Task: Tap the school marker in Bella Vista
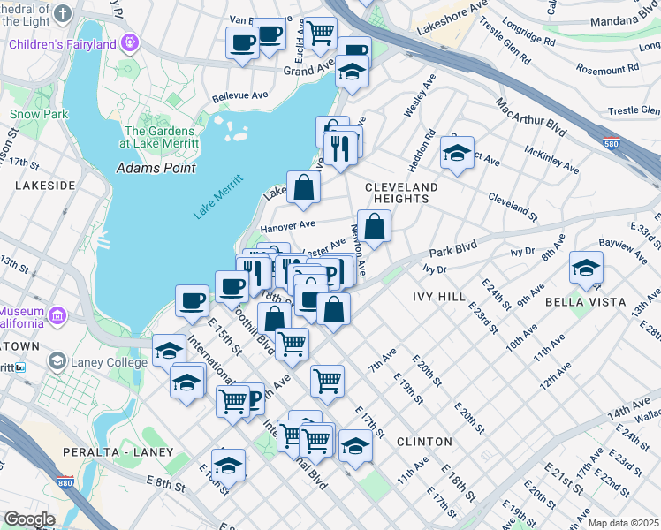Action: [x=585, y=266]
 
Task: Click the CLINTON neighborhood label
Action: [x=424, y=441]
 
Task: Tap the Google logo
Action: [x=29, y=519]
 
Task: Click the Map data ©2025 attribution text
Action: [x=623, y=523]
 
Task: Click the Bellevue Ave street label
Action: [x=239, y=99]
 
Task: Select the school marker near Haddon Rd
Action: [x=457, y=152]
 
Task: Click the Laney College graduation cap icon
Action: [x=57, y=360]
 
